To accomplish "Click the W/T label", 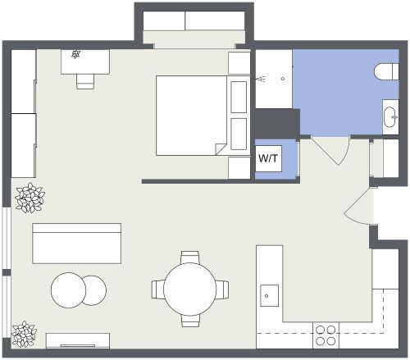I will click(267, 159).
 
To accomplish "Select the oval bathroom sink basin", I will click(388, 117).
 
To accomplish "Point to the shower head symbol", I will click(260, 80).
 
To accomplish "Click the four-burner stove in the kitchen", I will click(326, 335).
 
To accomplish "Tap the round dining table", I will click(189, 289).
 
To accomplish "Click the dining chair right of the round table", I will click(222, 289).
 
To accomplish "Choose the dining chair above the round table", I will click(189, 256).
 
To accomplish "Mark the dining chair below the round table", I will click(189, 321).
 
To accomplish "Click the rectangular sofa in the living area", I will click(76, 243).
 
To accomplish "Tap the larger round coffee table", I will click(69, 289).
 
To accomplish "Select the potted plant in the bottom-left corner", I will click(24, 333).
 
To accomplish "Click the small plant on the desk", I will click(75, 55).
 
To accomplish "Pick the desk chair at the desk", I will click(85, 80).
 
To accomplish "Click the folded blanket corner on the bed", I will click(220, 148).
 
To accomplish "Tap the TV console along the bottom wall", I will click(78, 340).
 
